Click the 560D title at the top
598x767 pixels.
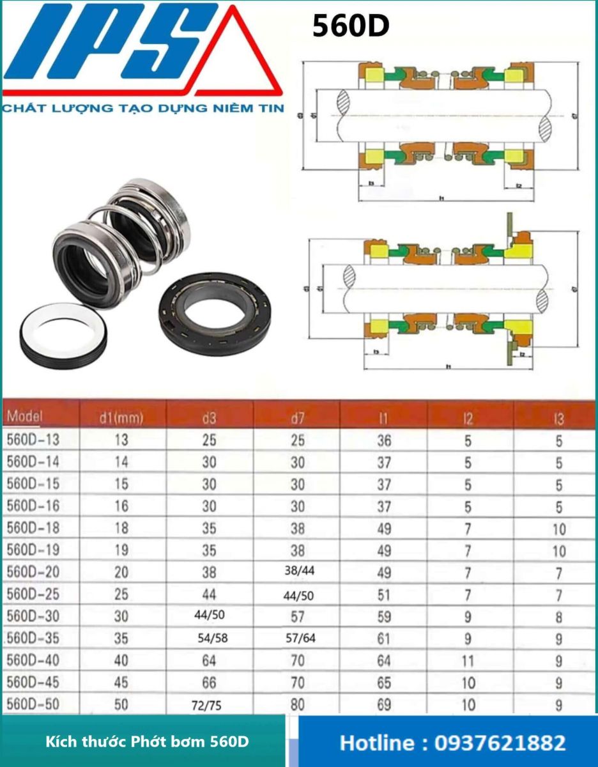click(x=351, y=27)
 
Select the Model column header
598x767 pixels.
click(x=26, y=417)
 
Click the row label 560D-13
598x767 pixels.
click(x=33, y=440)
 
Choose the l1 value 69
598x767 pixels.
click(x=383, y=704)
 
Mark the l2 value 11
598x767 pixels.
click(x=468, y=660)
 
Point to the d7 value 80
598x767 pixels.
click(x=298, y=704)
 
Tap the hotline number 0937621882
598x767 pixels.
click(x=500, y=743)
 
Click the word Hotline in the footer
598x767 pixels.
click(x=378, y=743)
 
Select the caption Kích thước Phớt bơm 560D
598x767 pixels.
click(x=147, y=742)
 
